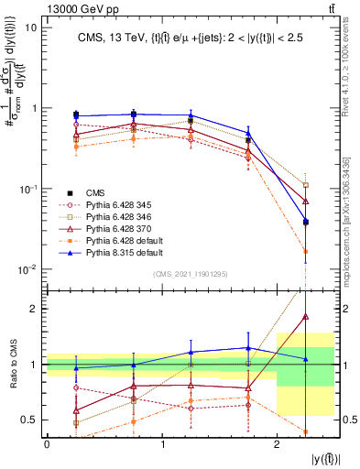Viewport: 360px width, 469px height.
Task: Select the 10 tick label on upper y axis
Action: (x=32, y=27)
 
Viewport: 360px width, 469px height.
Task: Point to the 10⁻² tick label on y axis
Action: (x=30, y=269)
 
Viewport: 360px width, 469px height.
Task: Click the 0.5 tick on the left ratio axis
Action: (x=32, y=420)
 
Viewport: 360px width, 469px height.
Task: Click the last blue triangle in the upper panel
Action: (x=306, y=221)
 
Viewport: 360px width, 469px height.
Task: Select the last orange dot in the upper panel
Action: (x=306, y=251)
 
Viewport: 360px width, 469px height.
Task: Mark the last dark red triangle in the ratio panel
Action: (x=306, y=316)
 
